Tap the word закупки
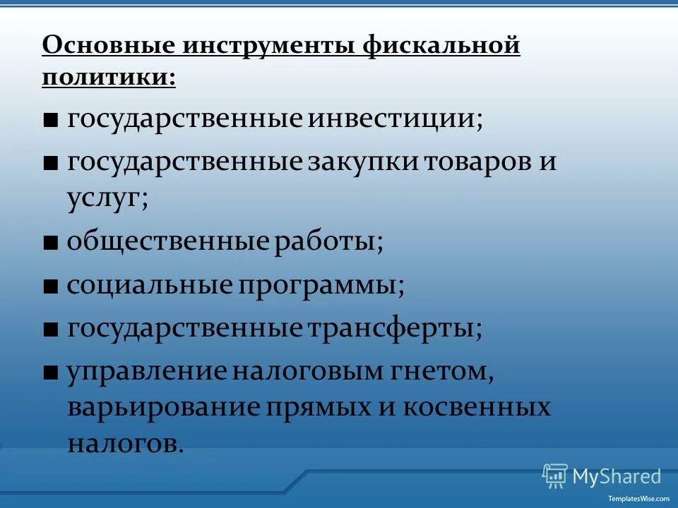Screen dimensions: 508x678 [363, 162]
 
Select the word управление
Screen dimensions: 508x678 [148, 373]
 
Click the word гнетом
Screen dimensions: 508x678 [446, 373]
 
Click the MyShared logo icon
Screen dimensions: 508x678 [555, 476]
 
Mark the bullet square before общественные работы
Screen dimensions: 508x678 [50, 243]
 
